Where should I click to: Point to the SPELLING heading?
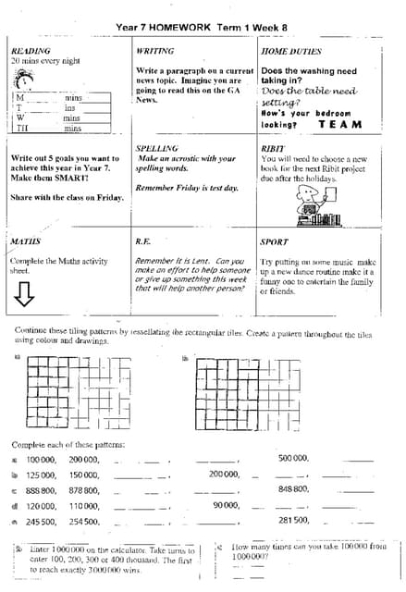point(157,148)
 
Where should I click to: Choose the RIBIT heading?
point(273,148)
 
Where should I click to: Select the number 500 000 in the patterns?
point(293,458)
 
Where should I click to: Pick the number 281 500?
point(293,521)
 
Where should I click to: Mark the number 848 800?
point(293,489)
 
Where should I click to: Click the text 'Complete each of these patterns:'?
point(68,444)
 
